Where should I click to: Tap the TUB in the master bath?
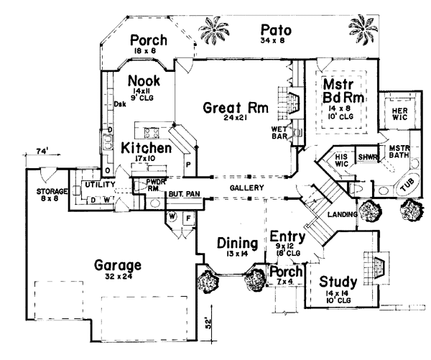tap(407, 185)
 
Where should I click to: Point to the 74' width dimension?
tap(42, 152)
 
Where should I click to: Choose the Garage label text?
tap(117, 266)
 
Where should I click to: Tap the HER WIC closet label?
tap(399, 114)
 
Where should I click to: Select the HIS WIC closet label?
tap(342, 160)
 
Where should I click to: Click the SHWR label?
tap(368, 157)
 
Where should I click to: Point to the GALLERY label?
tap(246, 188)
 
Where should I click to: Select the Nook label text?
tap(144, 80)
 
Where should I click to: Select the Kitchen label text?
tap(146, 149)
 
